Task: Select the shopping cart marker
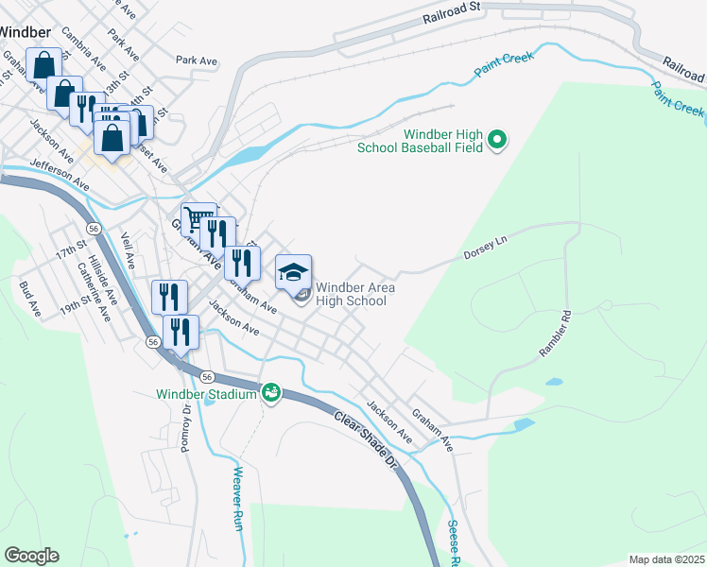coord(198,219)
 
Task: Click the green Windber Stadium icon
coord(271,392)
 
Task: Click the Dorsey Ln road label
coord(485,249)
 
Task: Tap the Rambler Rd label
coord(555,335)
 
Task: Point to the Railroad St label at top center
coord(453,11)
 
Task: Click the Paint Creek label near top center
coord(505,61)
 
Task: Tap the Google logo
coord(31,556)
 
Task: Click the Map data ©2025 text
coord(665,559)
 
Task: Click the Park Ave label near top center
coord(197,60)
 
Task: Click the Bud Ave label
coord(30,300)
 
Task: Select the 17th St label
coord(70,255)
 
